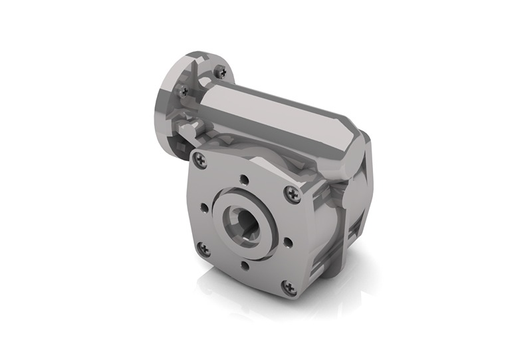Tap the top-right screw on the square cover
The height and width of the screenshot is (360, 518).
click(293, 194)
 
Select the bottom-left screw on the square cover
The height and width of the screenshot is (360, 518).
click(204, 250)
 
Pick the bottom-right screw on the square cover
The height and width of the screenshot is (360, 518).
click(289, 287)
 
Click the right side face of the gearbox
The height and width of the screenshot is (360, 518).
click(352, 220)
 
